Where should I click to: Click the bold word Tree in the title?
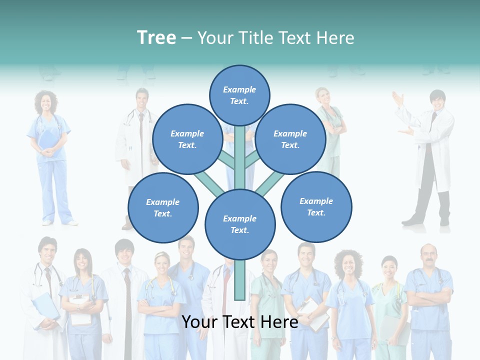tap(156, 38)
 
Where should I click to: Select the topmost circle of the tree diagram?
tap(239, 95)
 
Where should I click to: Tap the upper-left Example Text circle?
tap(187, 139)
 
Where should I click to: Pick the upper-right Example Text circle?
tap(290, 139)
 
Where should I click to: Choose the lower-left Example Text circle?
tap(162, 207)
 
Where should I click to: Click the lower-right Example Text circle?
tap(316, 206)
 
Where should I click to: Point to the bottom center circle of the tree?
tap(240, 224)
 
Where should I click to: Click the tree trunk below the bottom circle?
tap(240, 280)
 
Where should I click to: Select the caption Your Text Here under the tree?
tap(240, 322)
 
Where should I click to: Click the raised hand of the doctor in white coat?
tap(398, 99)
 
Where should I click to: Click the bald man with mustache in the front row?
tap(428, 257)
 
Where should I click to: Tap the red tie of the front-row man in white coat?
tap(128, 300)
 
